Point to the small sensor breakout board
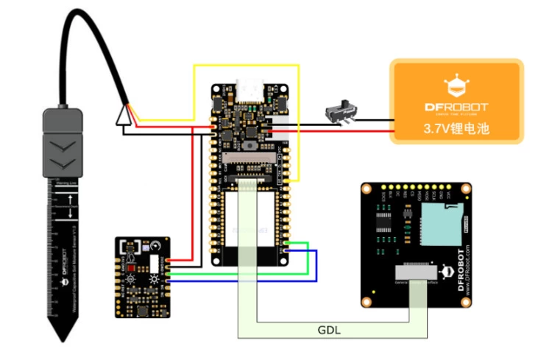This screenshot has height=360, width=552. [144, 277]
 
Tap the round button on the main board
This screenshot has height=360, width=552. [252, 147]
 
